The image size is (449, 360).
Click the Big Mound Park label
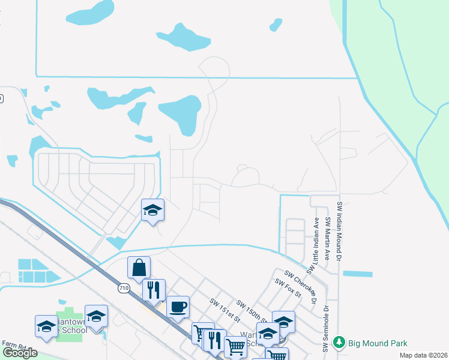378,343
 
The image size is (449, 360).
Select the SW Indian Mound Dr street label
340,231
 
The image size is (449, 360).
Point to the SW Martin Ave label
328,238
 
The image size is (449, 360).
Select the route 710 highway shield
124,289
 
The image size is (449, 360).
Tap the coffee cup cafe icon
178,307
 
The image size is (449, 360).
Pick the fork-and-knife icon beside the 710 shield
154,290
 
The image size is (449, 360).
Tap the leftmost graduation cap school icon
46,326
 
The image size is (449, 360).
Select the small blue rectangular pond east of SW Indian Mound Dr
357,274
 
